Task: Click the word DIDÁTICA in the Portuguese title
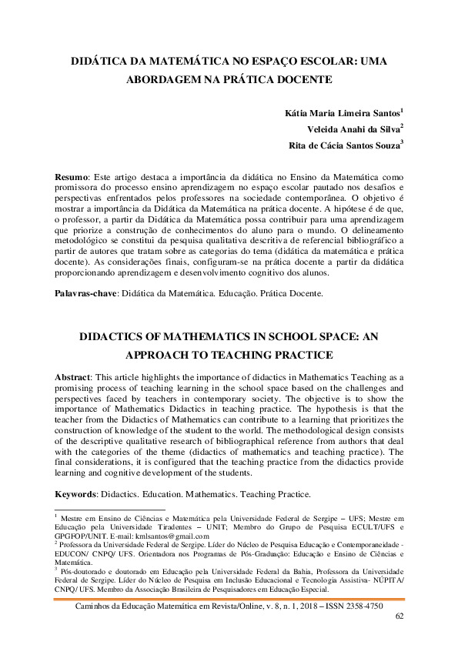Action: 98,61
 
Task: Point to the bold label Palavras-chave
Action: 85,294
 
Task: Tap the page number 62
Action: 399,616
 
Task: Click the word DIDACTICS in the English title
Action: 112,338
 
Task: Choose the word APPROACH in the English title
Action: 161,355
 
